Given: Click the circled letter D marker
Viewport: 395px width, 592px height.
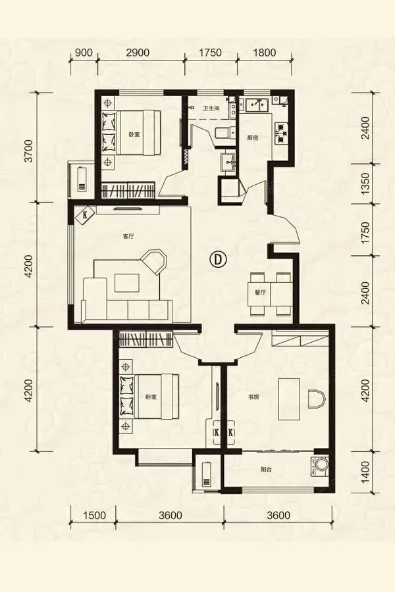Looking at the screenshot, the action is pyautogui.click(x=218, y=259).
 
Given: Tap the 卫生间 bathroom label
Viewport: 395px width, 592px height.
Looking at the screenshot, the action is pyautogui.click(x=211, y=109).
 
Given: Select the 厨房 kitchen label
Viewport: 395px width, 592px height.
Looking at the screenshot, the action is pyautogui.click(x=253, y=138).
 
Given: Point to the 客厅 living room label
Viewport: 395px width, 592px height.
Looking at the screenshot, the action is pyautogui.click(x=129, y=237).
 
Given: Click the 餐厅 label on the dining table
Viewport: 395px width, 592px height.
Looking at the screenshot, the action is pyautogui.click(x=261, y=292).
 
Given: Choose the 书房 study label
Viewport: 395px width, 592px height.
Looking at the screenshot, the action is pyautogui.click(x=253, y=397).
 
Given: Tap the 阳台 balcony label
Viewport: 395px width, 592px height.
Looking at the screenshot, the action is pyautogui.click(x=266, y=470).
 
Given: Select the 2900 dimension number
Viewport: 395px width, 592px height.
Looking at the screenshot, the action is pyautogui.click(x=138, y=53).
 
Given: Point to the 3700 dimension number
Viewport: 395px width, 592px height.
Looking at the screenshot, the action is pyautogui.click(x=28, y=151).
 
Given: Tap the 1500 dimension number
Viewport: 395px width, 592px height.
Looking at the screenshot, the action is pyautogui.click(x=93, y=515).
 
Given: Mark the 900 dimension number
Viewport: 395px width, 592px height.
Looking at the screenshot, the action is pyautogui.click(x=84, y=53).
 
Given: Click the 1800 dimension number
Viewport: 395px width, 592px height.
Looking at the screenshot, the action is pyautogui.click(x=264, y=53).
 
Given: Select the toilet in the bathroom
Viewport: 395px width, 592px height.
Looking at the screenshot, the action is pyautogui.click(x=223, y=134).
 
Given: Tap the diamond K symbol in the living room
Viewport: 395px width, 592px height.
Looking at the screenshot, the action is pyautogui.click(x=85, y=216).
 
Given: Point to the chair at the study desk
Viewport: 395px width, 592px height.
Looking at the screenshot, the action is pyautogui.click(x=316, y=399).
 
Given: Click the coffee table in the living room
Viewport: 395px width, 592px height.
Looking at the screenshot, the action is pyautogui.click(x=126, y=282).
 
